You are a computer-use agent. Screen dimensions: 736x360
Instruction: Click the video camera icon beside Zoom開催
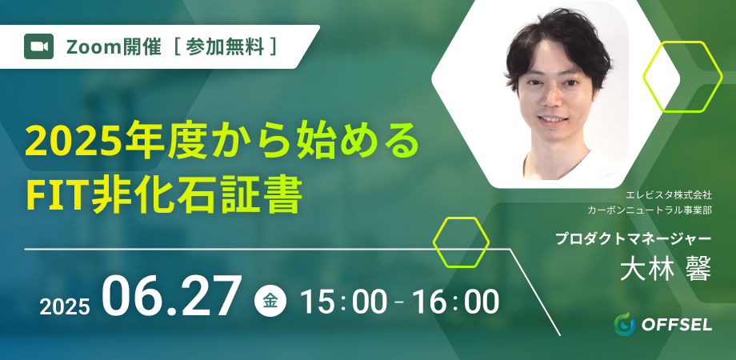click(38, 46)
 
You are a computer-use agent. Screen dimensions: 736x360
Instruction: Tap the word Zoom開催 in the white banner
click(114, 46)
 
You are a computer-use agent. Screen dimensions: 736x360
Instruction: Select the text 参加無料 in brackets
click(225, 46)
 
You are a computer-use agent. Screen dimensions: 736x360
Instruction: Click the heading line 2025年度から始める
click(222, 140)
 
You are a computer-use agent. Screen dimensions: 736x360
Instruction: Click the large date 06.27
click(171, 296)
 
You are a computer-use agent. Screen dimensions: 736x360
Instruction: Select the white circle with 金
click(270, 302)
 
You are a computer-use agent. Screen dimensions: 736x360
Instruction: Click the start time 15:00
click(343, 302)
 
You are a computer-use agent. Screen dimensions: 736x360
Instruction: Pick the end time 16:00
click(454, 302)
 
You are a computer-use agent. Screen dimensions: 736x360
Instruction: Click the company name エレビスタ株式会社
click(669, 195)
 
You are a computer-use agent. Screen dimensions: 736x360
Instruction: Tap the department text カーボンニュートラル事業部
click(650, 210)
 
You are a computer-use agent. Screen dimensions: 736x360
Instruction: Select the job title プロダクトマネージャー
click(634, 239)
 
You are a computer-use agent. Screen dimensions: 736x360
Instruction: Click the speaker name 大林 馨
click(665, 270)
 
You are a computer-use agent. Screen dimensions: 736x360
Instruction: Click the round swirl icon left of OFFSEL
click(624, 324)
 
